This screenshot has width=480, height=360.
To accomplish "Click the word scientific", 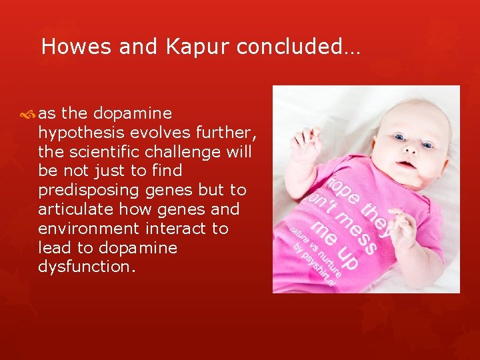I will click(99, 151).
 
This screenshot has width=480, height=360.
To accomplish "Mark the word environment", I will click(79, 229).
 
